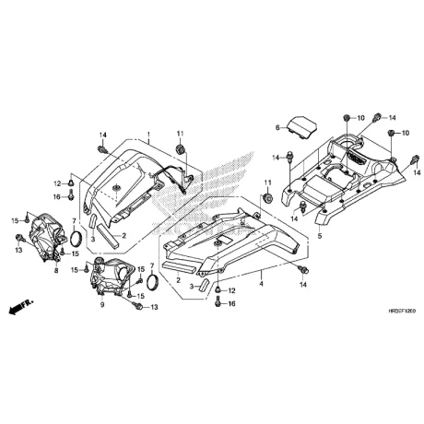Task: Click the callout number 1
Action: [x=147, y=135]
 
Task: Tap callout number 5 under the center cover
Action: [x=320, y=238]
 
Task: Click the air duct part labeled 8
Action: [x=51, y=237]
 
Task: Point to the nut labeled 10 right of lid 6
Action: [x=344, y=118]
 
